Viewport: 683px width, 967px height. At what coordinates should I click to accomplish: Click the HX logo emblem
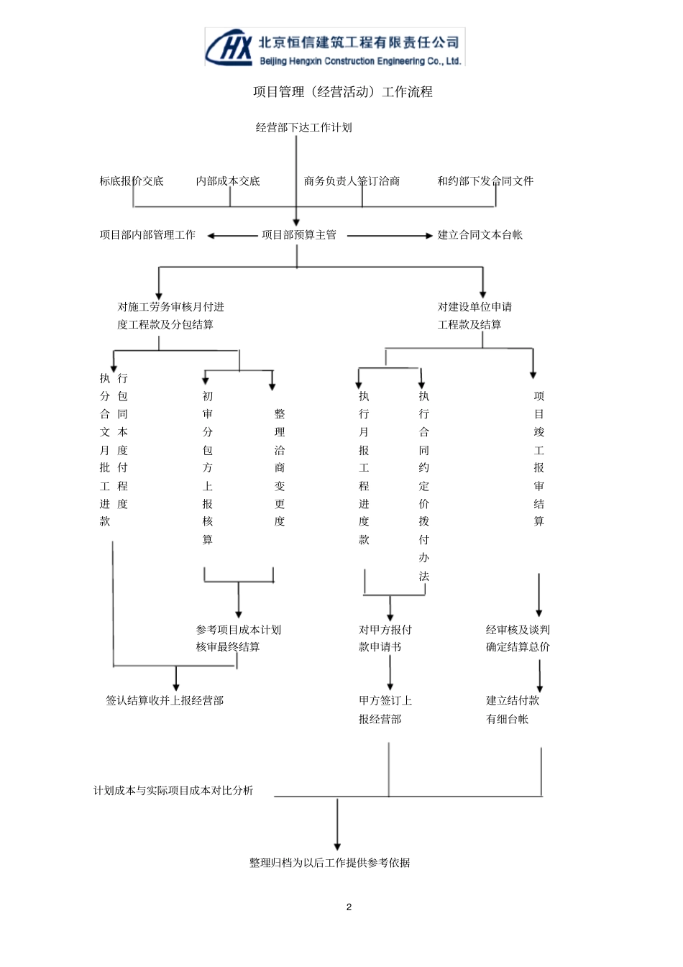tap(229, 47)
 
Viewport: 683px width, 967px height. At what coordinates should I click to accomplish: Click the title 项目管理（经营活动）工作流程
tap(343, 92)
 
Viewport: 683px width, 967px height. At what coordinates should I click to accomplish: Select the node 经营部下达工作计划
tap(303, 127)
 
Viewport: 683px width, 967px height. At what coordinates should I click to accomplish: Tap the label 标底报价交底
tap(132, 181)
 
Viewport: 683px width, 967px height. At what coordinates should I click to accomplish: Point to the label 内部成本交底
tap(227, 181)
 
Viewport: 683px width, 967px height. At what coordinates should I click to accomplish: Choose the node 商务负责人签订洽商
tap(352, 181)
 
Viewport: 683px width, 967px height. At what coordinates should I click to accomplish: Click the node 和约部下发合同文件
tap(485, 181)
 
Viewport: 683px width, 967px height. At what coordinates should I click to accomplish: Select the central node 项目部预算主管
tap(299, 235)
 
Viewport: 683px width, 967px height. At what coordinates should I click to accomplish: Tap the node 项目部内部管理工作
tap(147, 235)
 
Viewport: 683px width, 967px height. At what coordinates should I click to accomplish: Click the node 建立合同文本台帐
tap(480, 235)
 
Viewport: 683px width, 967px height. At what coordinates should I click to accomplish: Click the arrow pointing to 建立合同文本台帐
tap(390, 236)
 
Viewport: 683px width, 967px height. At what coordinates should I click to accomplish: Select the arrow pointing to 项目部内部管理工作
tap(232, 236)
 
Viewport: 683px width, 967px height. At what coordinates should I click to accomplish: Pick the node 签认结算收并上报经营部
tap(165, 700)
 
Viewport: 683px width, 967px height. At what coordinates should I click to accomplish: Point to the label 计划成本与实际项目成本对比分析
tap(173, 790)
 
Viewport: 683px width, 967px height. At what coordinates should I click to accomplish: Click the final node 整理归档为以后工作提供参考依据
tap(329, 863)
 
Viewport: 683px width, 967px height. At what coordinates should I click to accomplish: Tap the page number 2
tap(349, 907)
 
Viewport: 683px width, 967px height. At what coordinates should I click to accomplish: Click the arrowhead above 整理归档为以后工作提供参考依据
tap(337, 846)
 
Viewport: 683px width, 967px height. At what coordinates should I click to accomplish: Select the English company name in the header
tap(360, 61)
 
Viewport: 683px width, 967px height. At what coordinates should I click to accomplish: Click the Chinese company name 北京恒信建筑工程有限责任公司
tap(358, 42)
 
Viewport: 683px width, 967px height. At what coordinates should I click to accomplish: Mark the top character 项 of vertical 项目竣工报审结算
tap(538, 396)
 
